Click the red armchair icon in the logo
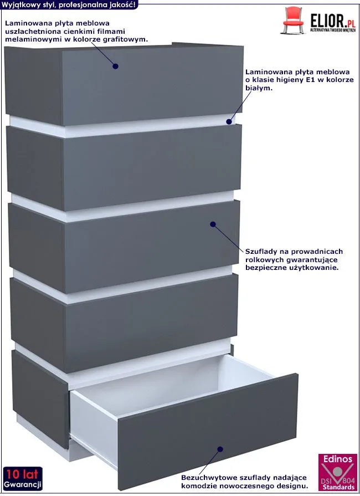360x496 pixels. (293, 19)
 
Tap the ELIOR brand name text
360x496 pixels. (328, 21)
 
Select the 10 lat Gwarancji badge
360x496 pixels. (23, 478)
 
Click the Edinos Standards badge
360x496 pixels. (337, 472)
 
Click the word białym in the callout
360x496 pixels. (259, 88)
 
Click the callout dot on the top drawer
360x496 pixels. (115, 66)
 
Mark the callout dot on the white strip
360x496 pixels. (229, 121)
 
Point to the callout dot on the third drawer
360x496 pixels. (213, 224)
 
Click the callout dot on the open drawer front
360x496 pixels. (220, 449)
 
